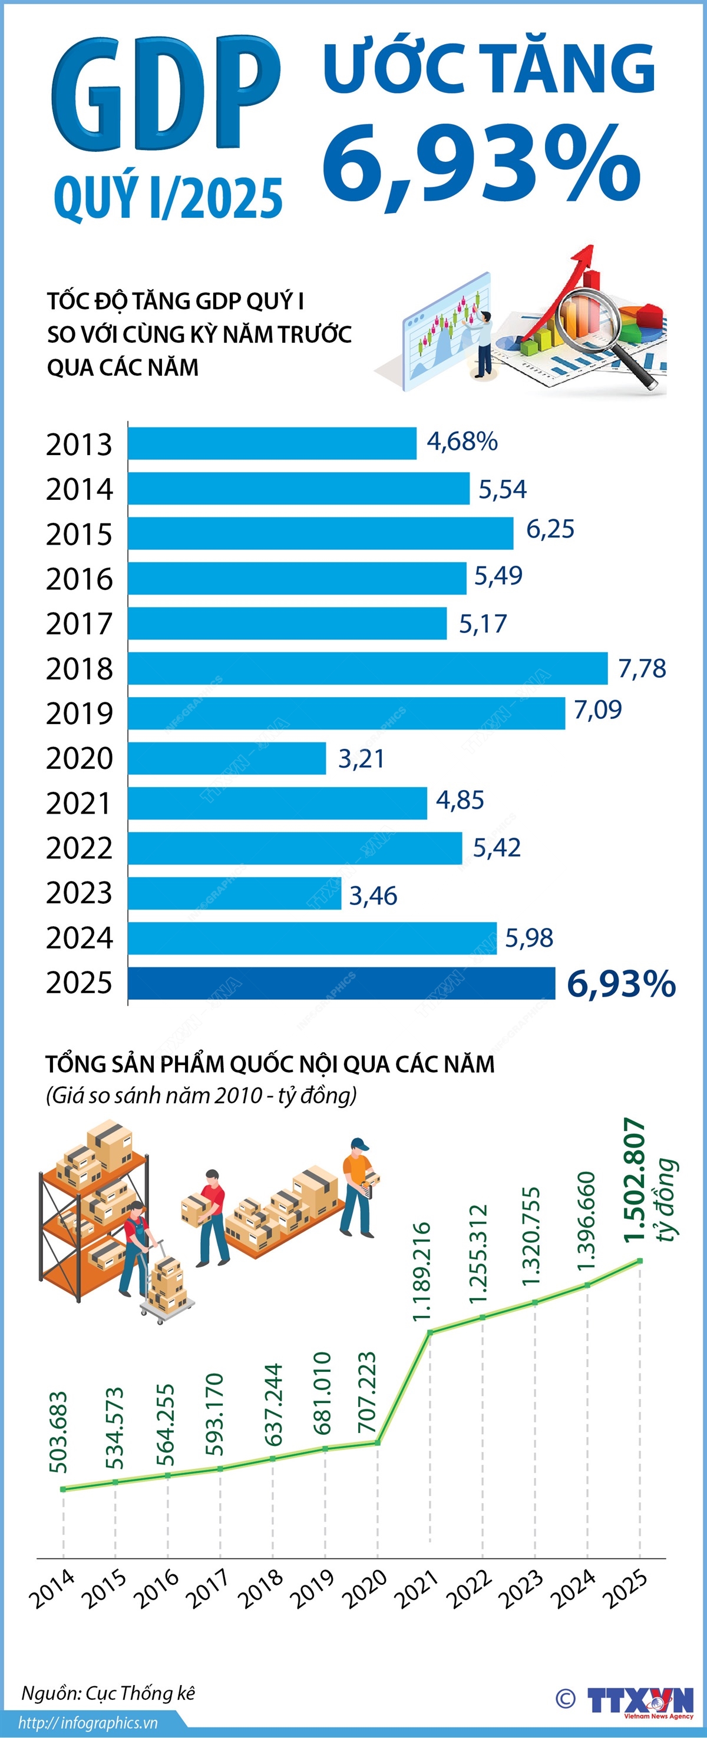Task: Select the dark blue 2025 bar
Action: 341,983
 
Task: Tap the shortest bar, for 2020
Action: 227,758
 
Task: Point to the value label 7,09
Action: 597,710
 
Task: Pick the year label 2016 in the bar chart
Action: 79,579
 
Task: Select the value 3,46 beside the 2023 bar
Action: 373,896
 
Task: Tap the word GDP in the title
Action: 166,94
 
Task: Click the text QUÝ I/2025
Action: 167,198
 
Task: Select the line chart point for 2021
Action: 430,1331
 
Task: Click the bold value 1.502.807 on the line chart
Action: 635,1180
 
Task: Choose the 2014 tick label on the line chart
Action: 52,1588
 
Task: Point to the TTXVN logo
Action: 639,1700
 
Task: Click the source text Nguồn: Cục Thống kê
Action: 108,1693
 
